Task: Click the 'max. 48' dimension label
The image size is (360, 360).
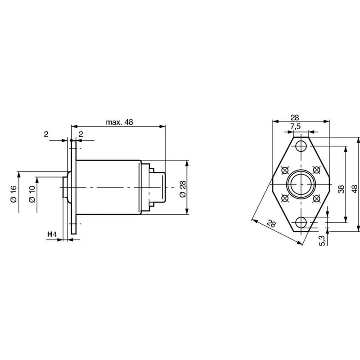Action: click(x=119, y=122)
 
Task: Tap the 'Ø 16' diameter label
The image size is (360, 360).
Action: click(x=13, y=194)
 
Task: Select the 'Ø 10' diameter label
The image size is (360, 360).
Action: click(x=32, y=194)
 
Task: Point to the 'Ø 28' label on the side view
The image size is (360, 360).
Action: click(x=183, y=189)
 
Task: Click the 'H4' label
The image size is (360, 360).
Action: click(x=52, y=234)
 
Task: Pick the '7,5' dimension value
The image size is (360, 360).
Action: click(x=295, y=126)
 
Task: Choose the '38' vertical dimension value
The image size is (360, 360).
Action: click(x=342, y=189)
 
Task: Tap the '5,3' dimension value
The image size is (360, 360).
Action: click(x=323, y=241)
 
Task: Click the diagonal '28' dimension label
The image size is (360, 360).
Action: click(x=271, y=223)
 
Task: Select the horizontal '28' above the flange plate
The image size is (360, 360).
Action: click(x=295, y=117)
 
